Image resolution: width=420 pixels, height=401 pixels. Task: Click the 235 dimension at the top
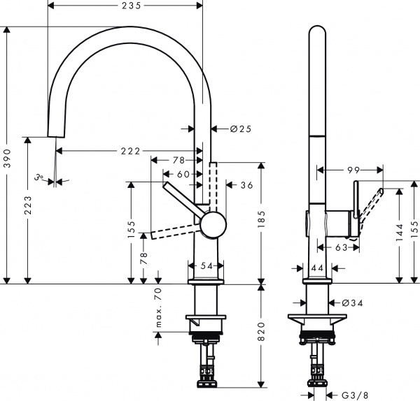[x=125, y=6]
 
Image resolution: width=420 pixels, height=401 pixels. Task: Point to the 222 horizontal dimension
[x=129, y=151]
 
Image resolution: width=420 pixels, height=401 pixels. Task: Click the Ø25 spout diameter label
[x=241, y=129]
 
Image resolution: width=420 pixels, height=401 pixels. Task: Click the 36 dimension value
[x=246, y=185]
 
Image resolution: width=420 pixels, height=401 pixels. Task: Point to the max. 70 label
[x=159, y=308]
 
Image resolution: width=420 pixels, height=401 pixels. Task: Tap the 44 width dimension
[x=316, y=268]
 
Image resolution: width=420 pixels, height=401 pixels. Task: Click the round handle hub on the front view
[x=213, y=226]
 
